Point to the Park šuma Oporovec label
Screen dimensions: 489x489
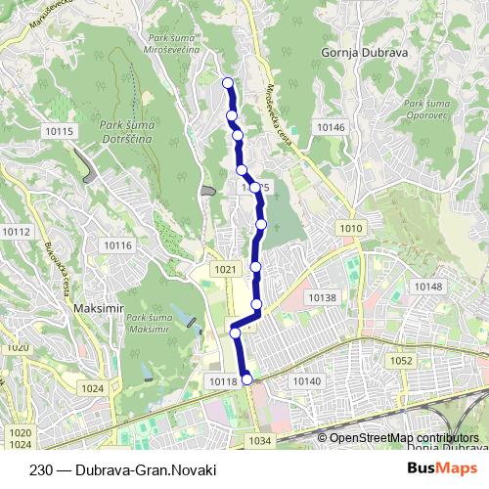point(427,109)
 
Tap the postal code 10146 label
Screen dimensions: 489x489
point(332,127)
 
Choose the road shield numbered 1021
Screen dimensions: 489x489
point(225,269)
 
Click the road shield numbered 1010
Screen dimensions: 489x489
point(351,228)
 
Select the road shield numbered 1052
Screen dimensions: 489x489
point(401,361)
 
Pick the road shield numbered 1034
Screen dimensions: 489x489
point(259,441)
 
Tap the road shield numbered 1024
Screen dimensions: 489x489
point(93,388)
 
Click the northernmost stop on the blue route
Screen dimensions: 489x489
point(228,82)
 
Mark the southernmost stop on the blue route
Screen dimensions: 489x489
point(247,379)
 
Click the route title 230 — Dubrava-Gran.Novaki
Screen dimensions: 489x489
point(122,468)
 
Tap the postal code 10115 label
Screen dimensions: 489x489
point(59,131)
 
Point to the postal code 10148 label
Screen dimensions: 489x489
point(428,287)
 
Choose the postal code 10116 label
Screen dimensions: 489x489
point(117,244)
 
